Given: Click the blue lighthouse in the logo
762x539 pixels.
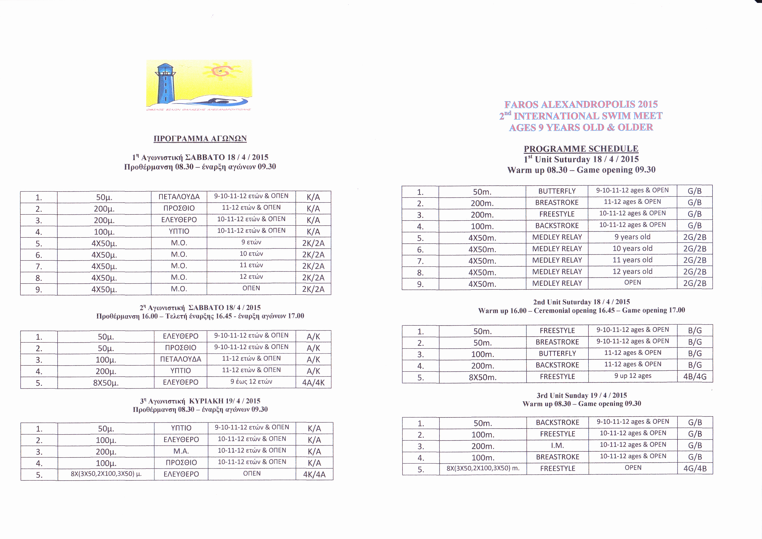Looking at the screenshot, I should coord(165,83).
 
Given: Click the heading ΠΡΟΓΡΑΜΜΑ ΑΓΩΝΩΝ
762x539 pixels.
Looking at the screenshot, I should coord(200,138).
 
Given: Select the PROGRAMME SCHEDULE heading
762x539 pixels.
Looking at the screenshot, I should coord(581,148).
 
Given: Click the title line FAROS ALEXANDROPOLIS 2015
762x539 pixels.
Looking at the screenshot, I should coord(581,104).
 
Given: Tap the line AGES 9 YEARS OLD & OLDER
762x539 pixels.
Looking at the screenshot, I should coord(581,128).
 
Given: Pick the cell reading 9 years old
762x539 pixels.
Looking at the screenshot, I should coord(632,237).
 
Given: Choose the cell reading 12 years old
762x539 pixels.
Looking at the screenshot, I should coord(632,272).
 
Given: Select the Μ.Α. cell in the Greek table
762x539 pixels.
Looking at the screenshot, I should coord(181,451).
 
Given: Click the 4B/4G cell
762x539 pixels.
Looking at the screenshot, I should coord(695,377).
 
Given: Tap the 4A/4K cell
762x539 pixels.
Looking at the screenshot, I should coord(313,383).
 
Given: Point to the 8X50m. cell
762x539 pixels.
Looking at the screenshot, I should coord(483,377).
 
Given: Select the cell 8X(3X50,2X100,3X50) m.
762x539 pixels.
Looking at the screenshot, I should coord(483,468).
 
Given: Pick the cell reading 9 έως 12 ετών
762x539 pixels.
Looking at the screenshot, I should coord(251,382).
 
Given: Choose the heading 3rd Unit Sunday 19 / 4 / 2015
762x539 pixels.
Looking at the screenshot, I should coord(581,395).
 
